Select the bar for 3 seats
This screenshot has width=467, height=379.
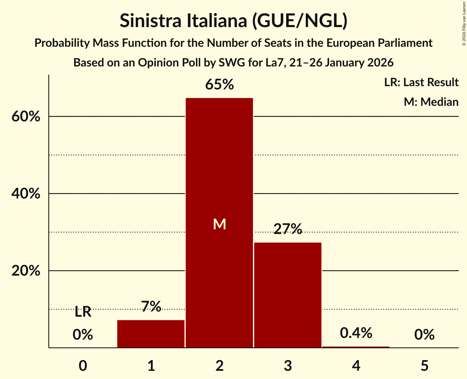288,295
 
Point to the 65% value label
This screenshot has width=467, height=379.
219,85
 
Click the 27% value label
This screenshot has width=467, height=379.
288,229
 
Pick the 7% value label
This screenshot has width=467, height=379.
151,306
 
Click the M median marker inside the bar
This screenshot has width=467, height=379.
219,224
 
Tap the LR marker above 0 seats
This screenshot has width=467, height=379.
83,312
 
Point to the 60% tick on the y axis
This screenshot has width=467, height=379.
25,117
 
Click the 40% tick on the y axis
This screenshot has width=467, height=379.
25,194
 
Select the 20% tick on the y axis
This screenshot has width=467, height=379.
25,271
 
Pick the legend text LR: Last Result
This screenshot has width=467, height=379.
421,82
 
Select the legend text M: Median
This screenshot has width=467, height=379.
431,102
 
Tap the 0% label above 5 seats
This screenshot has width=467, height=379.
424,335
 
